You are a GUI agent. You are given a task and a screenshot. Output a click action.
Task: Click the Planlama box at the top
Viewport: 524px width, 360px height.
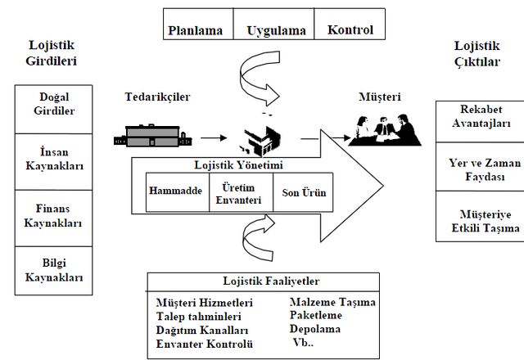tap(198, 24)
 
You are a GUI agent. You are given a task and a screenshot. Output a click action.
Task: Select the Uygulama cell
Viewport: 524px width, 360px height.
tap(273, 24)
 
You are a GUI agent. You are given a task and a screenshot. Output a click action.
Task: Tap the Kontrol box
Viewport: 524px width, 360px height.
tap(350, 24)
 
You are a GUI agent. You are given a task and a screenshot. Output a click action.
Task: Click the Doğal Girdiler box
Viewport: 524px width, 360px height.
tap(53, 109)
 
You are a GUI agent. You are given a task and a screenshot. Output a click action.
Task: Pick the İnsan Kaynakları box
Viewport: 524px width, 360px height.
tap(53, 162)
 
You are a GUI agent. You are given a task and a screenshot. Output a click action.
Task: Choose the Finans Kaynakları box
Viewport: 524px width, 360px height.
tap(53, 218)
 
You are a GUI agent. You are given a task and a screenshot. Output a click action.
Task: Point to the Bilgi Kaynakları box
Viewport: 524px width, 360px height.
tap(53, 271)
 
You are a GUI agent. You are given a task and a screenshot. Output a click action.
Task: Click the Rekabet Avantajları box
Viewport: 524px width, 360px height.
tap(481, 122)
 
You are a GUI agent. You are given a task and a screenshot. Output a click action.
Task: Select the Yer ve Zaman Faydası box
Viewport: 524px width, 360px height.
tap(481, 167)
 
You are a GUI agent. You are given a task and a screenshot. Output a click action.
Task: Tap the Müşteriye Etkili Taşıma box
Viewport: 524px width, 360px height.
tap(481, 216)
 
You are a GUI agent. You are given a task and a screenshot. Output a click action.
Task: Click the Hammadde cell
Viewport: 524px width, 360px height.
tap(178, 192)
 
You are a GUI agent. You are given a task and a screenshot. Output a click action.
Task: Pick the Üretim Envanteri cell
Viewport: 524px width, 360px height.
tap(241, 192)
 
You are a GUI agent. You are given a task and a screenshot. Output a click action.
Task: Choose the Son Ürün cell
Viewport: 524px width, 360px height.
tap(303, 192)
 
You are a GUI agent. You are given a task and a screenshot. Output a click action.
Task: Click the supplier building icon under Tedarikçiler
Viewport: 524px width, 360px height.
tap(153, 135)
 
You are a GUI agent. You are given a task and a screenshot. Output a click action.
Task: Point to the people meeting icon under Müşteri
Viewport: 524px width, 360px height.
tap(384, 130)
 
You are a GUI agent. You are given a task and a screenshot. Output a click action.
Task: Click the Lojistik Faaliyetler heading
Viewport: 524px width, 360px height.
tap(271, 281)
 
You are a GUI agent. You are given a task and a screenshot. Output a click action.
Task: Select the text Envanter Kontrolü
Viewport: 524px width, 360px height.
tap(204, 344)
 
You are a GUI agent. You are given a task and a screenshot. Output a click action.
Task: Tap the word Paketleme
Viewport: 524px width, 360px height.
tap(316, 315)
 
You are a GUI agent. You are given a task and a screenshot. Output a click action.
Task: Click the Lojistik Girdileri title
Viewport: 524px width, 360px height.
tap(52, 52)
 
